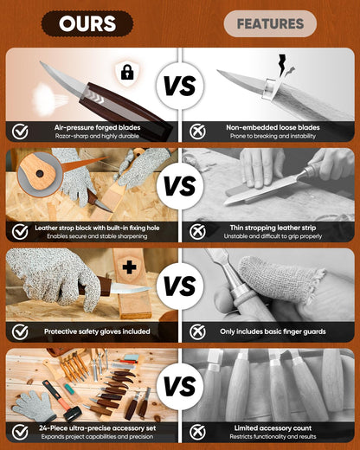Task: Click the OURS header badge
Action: (87, 23)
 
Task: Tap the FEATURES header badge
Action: (270, 23)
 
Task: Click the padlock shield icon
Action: (127, 73)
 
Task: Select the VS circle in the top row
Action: (180, 86)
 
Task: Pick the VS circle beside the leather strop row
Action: (180, 185)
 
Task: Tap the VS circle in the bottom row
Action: (180, 386)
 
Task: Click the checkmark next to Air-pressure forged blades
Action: (20, 132)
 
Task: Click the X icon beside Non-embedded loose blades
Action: (197, 132)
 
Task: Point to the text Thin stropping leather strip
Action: (273, 228)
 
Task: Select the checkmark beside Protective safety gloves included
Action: (20, 331)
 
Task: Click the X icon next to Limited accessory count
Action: (197, 432)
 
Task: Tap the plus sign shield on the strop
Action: (130, 267)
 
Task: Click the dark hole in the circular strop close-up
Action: (40, 174)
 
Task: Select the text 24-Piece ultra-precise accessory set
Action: (97, 428)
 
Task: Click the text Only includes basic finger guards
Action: (273, 331)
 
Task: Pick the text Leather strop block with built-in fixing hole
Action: (97, 228)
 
